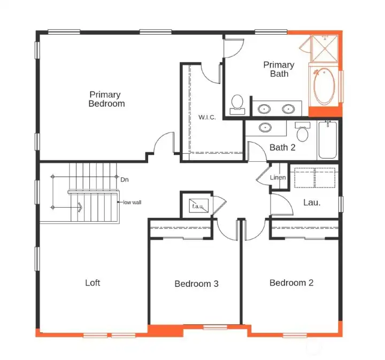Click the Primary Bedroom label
click(106, 99)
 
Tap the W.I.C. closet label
click(207, 117)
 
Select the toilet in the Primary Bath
click(237, 105)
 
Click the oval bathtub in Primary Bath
click(324, 86)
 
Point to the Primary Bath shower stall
click(325, 48)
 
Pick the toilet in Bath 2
click(303, 132)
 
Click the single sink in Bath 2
click(265, 128)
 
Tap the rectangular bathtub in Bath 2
click(328, 140)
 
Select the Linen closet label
click(278, 177)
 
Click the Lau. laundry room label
click(312, 202)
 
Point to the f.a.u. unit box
click(198, 206)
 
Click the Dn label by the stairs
click(125, 180)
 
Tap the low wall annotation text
click(132, 202)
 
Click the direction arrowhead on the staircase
click(80, 207)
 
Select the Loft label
click(93, 283)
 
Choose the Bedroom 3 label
click(196, 284)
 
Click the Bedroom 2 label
click(291, 283)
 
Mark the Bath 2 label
click(282, 147)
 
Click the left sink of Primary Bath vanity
click(264, 108)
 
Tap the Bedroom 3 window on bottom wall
click(215, 327)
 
